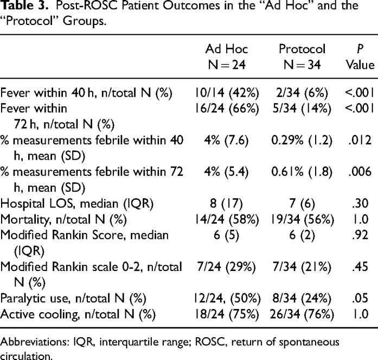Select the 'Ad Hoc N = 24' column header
[x=227, y=57]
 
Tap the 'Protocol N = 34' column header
[x=302, y=57]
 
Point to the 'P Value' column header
[x=360, y=57]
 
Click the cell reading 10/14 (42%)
[x=227, y=93]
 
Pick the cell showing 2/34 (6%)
[x=302, y=93]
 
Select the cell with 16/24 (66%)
[x=227, y=109]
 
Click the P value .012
[x=360, y=140]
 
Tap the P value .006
[x=360, y=172]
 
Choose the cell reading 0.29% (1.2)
[x=302, y=141]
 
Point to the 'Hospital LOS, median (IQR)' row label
[x=77, y=204]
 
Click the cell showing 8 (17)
[x=226, y=204]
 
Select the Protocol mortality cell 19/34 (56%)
[x=302, y=219]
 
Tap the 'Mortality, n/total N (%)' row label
[x=63, y=220]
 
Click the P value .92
[x=360, y=235]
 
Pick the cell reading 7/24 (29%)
[x=226, y=267]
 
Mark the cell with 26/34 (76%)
[x=302, y=314]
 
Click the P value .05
[x=360, y=298]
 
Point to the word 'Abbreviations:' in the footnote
[x=35, y=342]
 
